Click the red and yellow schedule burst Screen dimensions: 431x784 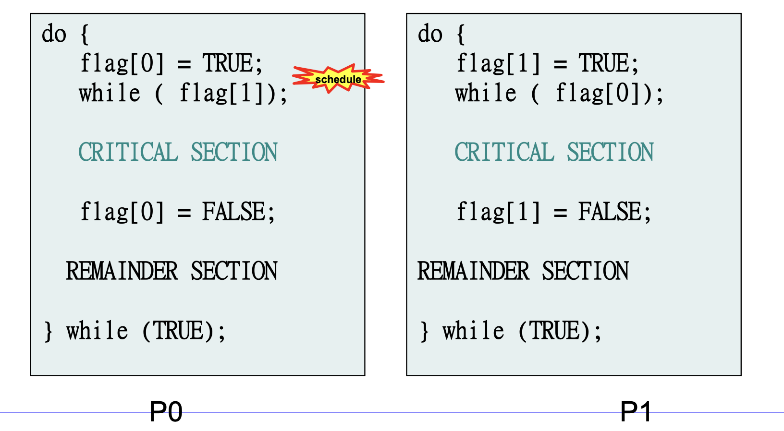pyautogui.click(x=338, y=78)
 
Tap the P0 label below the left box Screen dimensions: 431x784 pyautogui.click(x=166, y=412)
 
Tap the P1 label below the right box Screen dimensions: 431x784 pyautogui.click(x=636, y=412)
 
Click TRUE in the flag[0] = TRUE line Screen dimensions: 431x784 pyautogui.click(x=227, y=63)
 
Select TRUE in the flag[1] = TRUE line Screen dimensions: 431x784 pyautogui.click(x=603, y=63)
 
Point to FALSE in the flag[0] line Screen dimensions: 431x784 pyautogui.click(x=233, y=212)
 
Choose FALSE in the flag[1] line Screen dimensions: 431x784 pyautogui.click(x=610, y=212)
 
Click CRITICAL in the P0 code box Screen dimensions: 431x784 pyautogui.click(x=128, y=152)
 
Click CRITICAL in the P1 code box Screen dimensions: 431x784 pyautogui.click(x=504, y=152)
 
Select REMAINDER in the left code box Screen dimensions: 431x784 pyautogui.click(x=122, y=271)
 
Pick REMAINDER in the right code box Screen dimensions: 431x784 pyautogui.click(x=473, y=271)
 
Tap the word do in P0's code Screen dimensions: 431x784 pyautogui.click(x=54, y=34)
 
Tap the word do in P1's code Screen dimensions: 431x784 pyautogui.click(x=430, y=34)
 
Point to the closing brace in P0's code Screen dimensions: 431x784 pyautogui.click(x=48, y=331)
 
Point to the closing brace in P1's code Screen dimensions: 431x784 pyautogui.click(x=424, y=331)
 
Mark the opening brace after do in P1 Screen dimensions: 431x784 pyautogui.click(x=461, y=34)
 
